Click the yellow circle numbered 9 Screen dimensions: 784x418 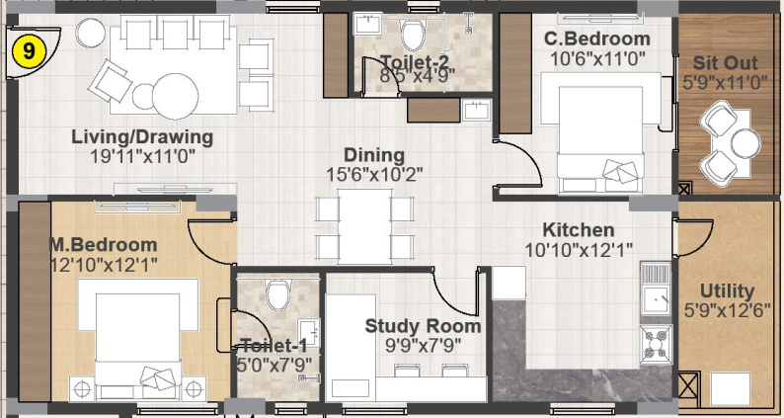pyautogui.click(x=29, y=51)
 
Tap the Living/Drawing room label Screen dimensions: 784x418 pyautogui.click(x=142, y=136)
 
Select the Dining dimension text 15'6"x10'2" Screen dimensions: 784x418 pyautogui.click(x=375, y=174)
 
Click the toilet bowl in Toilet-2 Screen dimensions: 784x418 pyautogui.click(x=413, y=35)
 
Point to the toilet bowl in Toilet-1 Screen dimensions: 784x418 pyautogui.click(x=278, y=294)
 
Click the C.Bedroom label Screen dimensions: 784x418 pyautogui.click(x=597, y=40)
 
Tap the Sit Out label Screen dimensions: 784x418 pyautogui.click(x=725, y=63)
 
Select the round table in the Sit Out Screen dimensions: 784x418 pyautogui.click(x=745, y=143)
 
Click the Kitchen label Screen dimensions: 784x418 pyautogui.click(x=579, y=230)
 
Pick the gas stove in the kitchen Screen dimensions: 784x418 pyautogui.click(x=657, y=343)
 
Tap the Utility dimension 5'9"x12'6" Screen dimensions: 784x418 pyautogui.click(x=727, y=310)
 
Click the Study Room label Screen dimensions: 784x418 pyautogui.click(x=423, y=326)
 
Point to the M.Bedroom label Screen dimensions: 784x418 pyautogui.click(x=104, y=245)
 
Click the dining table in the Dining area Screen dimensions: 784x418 pyautogui.click(x=364, y=226)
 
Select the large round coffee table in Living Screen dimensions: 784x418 pyautogui.click(x=175, y=96)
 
